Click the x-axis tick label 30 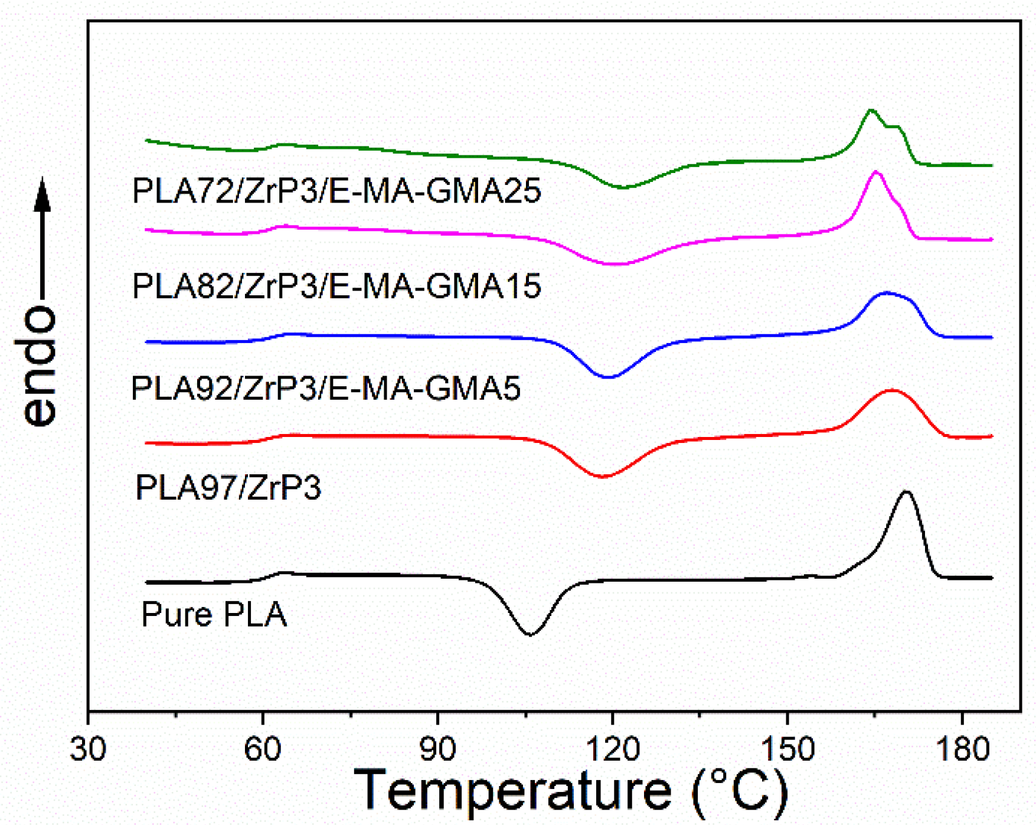tap(88, 749)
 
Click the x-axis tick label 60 tap(263, 749)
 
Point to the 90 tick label tap(437, 749)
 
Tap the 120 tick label tap(613, 749)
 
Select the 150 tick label tap(787, 749)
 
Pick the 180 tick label tap(962, 749)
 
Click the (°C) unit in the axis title tap(740, 791)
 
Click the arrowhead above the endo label tap(42, 195)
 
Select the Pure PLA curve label tap(214, 614)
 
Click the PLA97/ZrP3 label tap(228, 488)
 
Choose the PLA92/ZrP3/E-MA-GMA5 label tap(326, 389)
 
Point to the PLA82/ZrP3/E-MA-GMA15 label tap(336, 286)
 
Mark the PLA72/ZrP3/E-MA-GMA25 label tap(336, 191)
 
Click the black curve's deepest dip tap(530, 635)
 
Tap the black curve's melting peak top tap(906, 491)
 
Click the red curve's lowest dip tap(602, 477)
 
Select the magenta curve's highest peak tap(876, 171)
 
